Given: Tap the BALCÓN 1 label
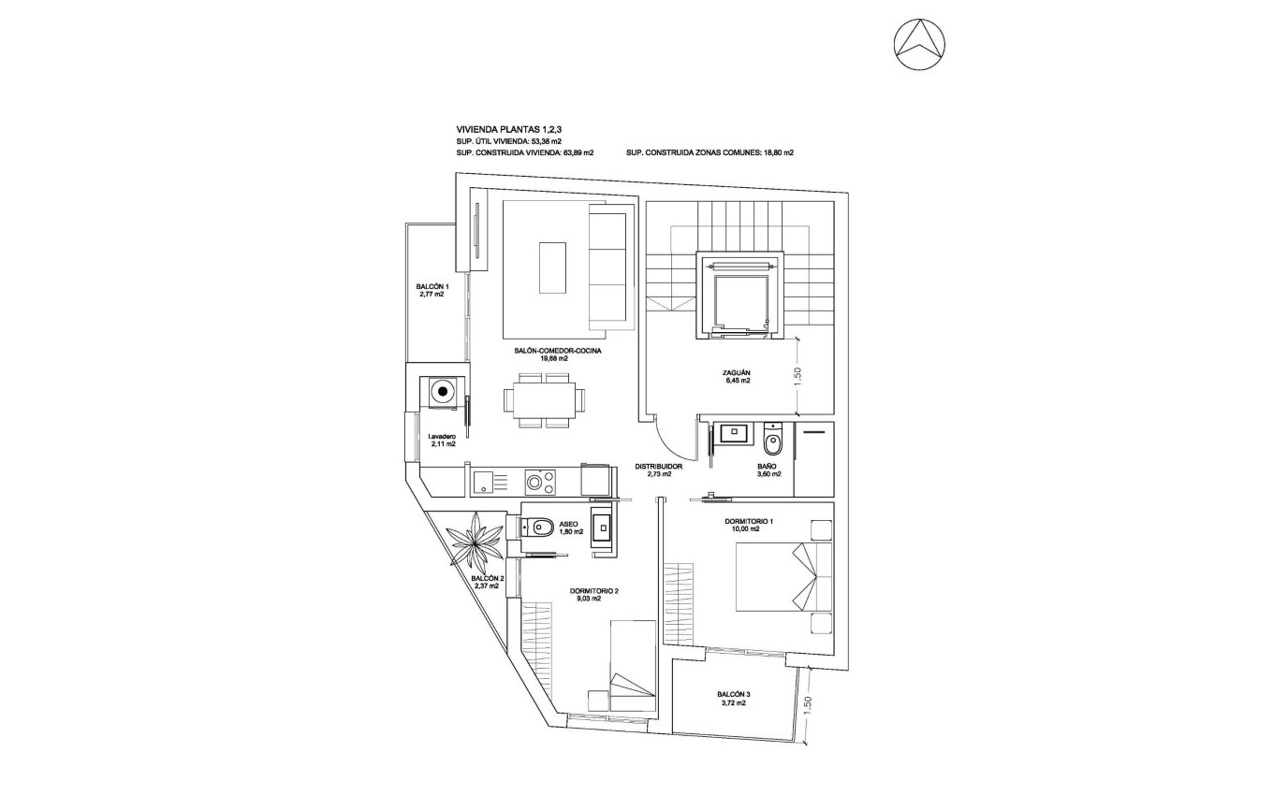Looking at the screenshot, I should point(432,290).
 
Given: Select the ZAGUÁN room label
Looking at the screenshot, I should point(736,377).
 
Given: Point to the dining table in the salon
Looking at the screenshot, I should point(545,400).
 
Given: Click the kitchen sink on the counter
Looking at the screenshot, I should point(484,483).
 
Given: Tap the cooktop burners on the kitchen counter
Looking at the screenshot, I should point(537,483).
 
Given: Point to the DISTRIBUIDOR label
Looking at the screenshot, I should point(658,470).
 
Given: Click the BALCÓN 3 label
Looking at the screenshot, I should point(733,699).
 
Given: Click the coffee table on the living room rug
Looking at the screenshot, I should point(552,267).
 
